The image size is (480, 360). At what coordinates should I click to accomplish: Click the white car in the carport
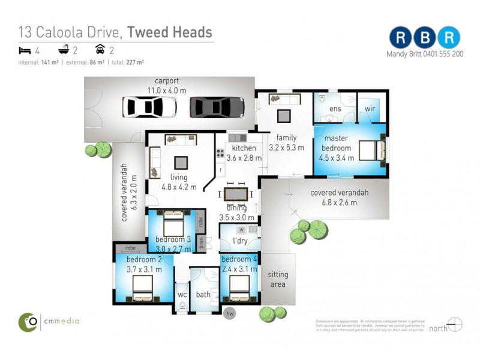pos(149,107)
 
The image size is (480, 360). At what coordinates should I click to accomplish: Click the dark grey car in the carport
pos(217,107)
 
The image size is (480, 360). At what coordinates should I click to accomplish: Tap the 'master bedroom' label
pos(336,143)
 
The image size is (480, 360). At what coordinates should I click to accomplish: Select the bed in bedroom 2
pos(143,287)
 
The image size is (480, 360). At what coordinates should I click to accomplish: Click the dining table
pos(236,194)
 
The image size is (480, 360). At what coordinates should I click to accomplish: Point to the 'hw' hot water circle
pos(229,313)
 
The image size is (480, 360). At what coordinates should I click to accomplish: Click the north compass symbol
pos(455,325)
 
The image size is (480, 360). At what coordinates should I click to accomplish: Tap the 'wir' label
pos(370,109)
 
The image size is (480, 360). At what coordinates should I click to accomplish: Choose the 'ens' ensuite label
pos(335,109)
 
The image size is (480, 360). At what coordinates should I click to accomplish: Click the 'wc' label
pos(182,295)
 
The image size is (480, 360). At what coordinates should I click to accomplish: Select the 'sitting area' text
pos(278,279)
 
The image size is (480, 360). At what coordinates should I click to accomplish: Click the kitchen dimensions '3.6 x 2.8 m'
pos(244,158)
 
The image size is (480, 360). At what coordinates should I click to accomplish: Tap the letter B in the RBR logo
pos(424,37)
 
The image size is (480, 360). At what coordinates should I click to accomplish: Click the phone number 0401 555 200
pos(440,53)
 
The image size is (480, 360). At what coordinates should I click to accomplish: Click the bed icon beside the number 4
pos(24,51)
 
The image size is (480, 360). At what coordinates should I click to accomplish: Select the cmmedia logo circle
pos(28,322)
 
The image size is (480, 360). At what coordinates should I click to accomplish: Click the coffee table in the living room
pos(181,162)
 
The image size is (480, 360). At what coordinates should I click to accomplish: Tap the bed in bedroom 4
pos(239,289)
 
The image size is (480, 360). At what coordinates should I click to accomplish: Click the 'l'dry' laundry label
pos(241,241)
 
